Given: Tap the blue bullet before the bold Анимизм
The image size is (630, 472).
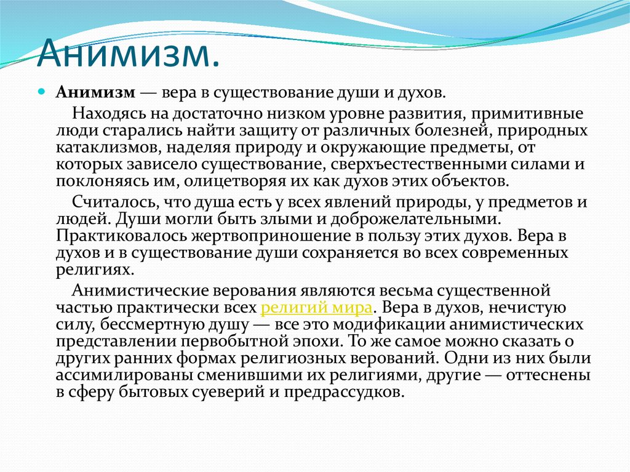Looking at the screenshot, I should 41,90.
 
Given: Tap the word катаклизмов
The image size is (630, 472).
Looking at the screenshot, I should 97,148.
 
